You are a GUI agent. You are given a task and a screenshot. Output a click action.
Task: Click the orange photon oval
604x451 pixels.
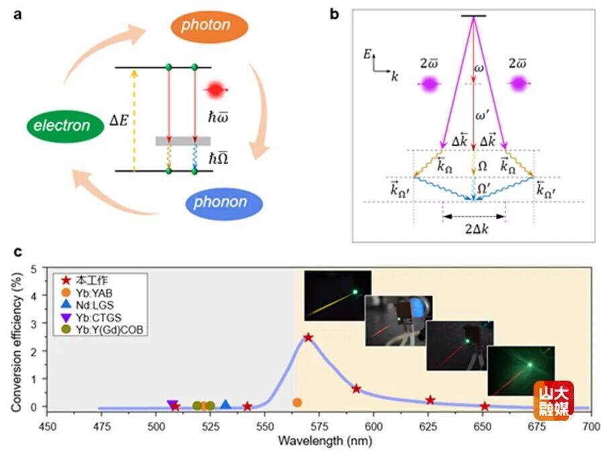(x=209, y=26)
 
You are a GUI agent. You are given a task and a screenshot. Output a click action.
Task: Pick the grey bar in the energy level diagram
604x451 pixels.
(x=183, y=141)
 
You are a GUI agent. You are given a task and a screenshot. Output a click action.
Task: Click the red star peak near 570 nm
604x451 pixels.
(x=308, y=337)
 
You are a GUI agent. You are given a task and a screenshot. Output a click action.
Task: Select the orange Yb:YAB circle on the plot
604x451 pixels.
(x=297, y=402)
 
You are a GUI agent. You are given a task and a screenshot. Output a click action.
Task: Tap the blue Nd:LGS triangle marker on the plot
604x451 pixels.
(x=225, y=404)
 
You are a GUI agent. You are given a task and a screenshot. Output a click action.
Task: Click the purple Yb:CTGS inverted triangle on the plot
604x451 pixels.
(x=172, y=405)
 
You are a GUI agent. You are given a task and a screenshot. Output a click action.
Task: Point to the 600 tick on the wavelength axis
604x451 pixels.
(x=373, y=426)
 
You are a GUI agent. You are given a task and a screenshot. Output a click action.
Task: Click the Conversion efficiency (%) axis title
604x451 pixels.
(x=15, y=337)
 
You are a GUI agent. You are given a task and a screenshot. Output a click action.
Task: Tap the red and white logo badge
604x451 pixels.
(x=554, y=400)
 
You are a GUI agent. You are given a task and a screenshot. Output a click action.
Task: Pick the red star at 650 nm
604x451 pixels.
(x=485, y=406)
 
